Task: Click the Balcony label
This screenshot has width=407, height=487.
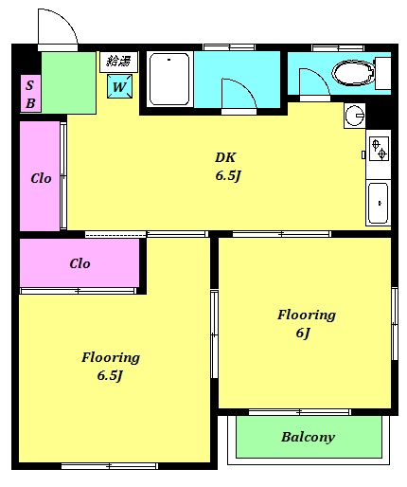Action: (x=308, y=437)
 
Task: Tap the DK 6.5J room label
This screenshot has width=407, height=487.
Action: (x=228, y=167)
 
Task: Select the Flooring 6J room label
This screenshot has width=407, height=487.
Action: (x=306, y=324)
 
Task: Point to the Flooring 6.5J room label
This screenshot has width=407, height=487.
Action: (x=111, y=367)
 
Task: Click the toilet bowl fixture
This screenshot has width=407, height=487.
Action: (x=354, y=73)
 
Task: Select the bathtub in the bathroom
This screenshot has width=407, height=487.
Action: (x=169, y=80)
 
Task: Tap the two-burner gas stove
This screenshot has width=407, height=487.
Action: (x=379, y=149)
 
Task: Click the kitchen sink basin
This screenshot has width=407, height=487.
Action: (x=378, y=203)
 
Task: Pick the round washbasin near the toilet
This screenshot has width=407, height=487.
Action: (x=355, y=115)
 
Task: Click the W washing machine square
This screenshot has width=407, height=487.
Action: (x=119, y=86)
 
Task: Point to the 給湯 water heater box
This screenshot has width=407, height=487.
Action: (x=118, y=62)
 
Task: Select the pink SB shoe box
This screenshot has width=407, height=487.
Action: (x=30, y=94)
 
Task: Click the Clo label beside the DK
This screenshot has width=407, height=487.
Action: (x=41, y=179)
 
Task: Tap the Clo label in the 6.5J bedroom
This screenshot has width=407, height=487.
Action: (x=80, y=263)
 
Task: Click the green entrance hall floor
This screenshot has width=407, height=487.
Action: (x=69, y=82)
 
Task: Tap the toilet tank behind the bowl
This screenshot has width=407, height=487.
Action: (x=383, y=73)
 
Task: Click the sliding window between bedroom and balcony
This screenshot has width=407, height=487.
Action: (x=300, y=412)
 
